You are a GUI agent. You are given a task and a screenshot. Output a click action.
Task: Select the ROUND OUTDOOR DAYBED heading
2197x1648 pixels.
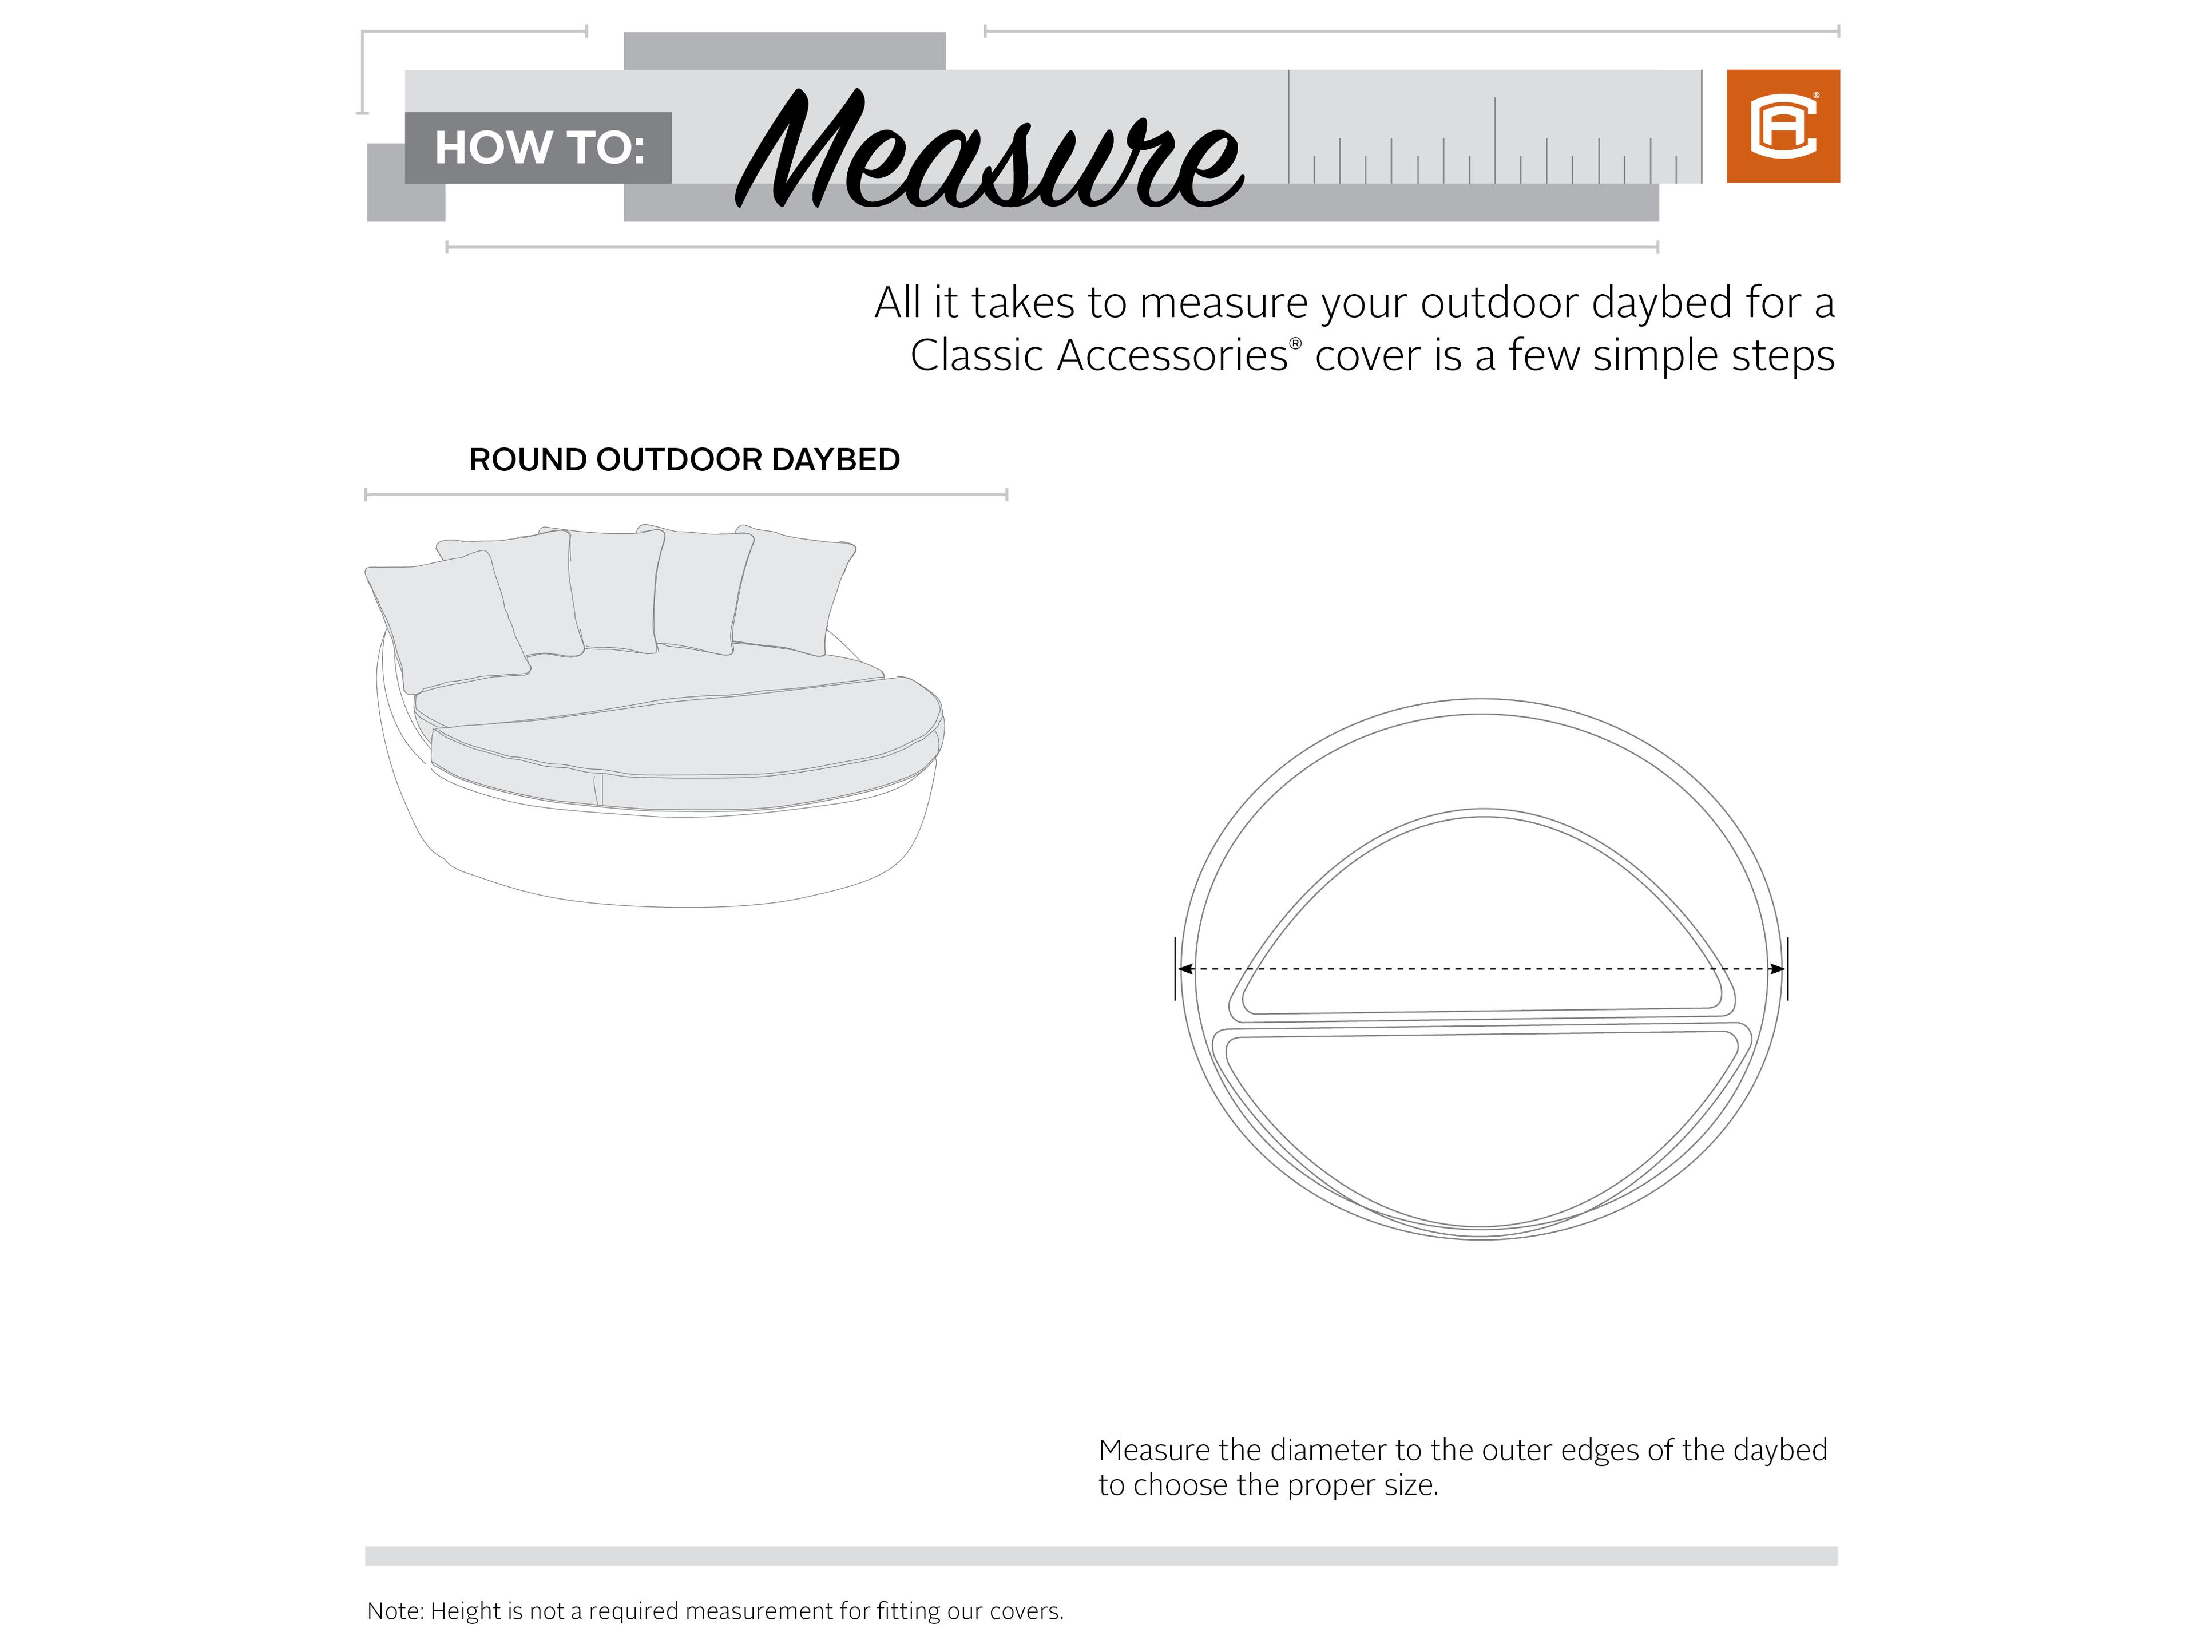(x=684, y=460)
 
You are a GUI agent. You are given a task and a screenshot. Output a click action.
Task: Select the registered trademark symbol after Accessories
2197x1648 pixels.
(x=1295, y=343)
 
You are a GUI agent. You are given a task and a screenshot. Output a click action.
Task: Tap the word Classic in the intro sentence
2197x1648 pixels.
(x=976, y=355)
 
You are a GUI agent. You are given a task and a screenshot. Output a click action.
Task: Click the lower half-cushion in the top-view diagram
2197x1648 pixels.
(x=1480, y=1123)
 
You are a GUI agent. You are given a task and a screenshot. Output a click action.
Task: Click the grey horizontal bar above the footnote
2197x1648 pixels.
(x=1100, y=1556)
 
